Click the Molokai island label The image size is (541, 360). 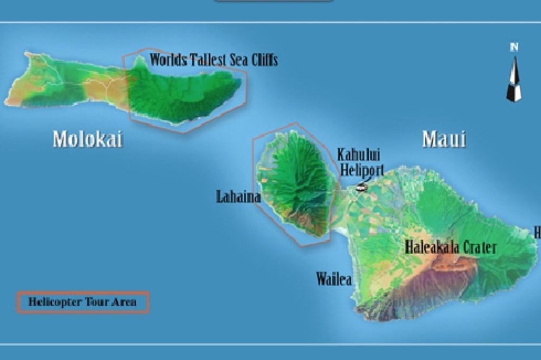click(x=88, y=139)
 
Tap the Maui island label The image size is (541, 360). click(x=444, y=139)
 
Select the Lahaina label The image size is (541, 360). click(x=238, y=197)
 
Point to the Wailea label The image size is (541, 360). click(x=334, y=279)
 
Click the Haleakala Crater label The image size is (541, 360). click(x=451, y=247)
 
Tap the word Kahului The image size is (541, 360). click(x=359, y=155)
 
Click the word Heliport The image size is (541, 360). click(x=362, y=170)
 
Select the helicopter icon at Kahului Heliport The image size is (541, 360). click(x=361, y=186)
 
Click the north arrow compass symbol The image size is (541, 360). click(x=514, y=79)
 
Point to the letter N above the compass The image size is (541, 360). click(x=514, y=47)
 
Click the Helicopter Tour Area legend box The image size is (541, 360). click(x=83, y=302)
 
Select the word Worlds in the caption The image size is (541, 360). click(x=168, y=60)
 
